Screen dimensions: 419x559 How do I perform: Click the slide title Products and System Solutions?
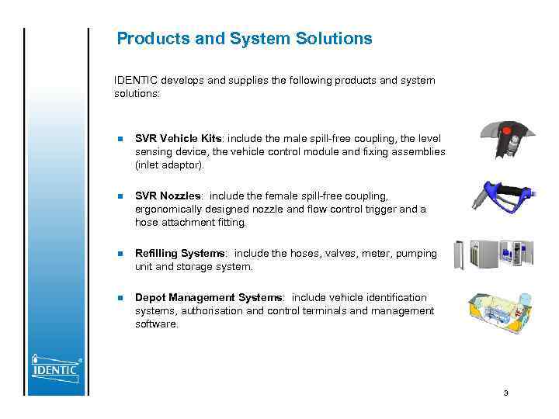point(244,39)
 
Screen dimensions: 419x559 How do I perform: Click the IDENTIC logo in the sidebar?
point(55,365)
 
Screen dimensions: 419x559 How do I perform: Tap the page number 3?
point(505,393)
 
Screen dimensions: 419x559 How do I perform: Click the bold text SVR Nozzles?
point(168,196)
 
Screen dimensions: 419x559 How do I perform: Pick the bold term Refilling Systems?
point(181,254)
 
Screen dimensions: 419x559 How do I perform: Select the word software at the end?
point(156,324)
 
